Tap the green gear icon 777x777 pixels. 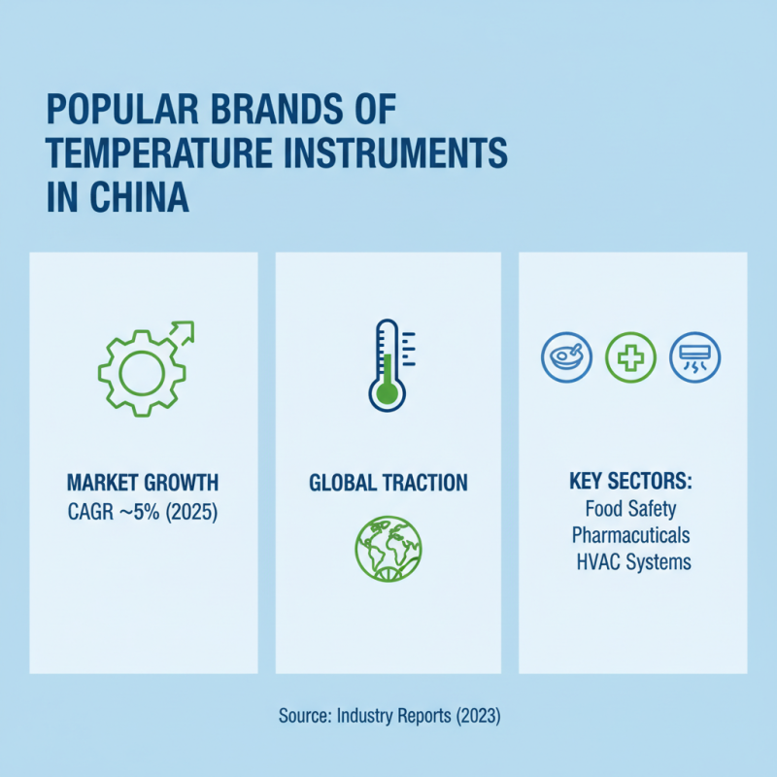(x=136, y=372)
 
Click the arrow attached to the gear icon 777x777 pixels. (x=181, y=332)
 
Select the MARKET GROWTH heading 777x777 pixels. (x=143, y=482)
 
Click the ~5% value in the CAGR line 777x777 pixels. (x=142, y=511)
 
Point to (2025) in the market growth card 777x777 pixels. (x=190, y=511)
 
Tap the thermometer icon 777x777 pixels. (x=387, y=363)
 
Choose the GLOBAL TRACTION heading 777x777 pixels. (x=388, y=482)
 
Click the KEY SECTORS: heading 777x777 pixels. (x=632, y=482)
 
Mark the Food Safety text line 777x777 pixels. (x=631, y=508)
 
